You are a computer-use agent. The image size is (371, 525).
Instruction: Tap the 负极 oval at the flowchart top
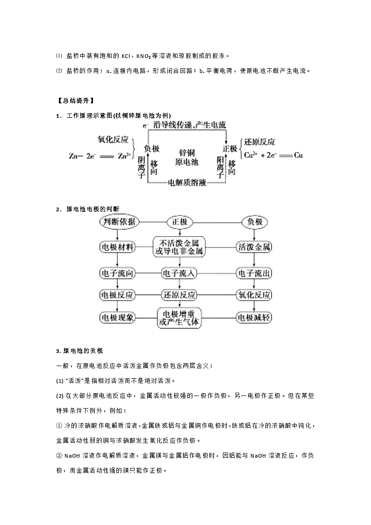(254, 222)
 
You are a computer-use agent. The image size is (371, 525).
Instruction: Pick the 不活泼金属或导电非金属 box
(180, 247)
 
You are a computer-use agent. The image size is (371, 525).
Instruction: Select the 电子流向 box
(117, 273)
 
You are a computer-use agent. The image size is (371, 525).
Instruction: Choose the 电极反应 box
(117, 295)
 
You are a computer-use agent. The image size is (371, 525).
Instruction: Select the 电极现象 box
(117, 318)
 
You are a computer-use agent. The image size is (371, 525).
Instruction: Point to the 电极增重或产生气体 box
(180, 317)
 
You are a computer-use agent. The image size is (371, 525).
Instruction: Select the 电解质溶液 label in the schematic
(187, 182)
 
